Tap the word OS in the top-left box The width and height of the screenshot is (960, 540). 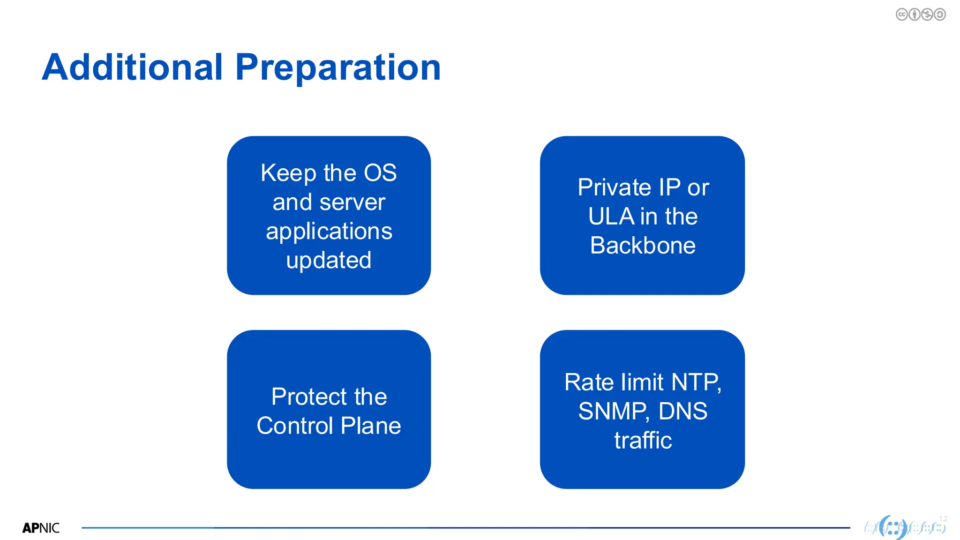[380, 173]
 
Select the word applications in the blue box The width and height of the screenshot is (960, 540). [329, 232]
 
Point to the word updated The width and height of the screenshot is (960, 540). [329, 261]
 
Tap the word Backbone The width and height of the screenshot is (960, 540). [643, 246]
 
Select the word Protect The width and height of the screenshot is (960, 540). [309, 397]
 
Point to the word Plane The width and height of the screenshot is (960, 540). [371, 426]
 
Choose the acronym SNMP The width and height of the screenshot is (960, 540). [614, 412]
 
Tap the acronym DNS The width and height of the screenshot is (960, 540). [682, 412]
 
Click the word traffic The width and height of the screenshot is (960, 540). [643, 441]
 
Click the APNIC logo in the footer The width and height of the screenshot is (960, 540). [41, 528]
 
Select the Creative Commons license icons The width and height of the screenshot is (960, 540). [920, 15]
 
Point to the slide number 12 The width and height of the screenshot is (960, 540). [943, 518]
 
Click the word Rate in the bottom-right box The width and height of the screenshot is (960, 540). [589, 382]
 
